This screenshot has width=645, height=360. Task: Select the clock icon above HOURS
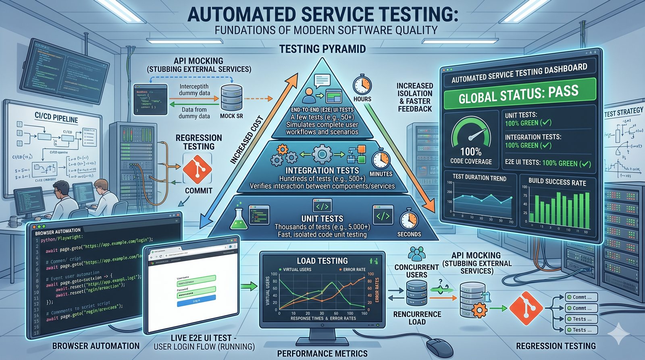(362, 85)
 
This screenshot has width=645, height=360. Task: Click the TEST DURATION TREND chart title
(479, 178)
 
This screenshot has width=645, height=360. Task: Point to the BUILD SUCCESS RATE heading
(557, 182)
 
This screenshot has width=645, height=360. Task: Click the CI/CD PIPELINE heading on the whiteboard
(56, 119)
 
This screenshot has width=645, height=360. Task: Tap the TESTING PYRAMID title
(322, 49)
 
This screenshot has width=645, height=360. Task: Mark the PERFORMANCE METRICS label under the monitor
(322, 354)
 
